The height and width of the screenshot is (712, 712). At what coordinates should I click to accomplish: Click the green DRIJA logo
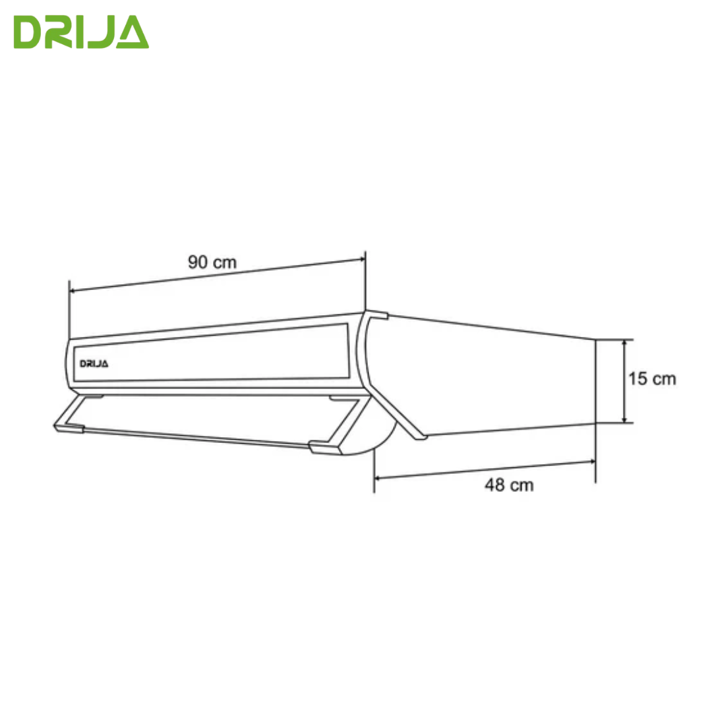pyautogui.click(x=81, y=32)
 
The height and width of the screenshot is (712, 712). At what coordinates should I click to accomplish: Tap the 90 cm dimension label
pyautogui.click(x=212, y=262)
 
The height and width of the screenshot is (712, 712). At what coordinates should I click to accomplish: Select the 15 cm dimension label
pyautogui.click(x=652, y=378)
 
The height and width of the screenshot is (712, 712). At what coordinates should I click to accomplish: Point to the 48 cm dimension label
pyautogui.click(x=509, y=485)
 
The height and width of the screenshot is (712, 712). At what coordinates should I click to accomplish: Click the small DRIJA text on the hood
pyautogui.click(x=94, y=364)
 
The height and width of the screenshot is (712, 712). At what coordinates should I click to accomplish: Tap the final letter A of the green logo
pyautogui.click(x=132, y=32)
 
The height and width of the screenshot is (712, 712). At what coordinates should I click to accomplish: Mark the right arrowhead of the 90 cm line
pyautogui.click(x=362, y=259)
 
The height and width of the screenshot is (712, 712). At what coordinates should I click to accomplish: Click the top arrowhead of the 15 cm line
pyautogui.click(x=624, y=343)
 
